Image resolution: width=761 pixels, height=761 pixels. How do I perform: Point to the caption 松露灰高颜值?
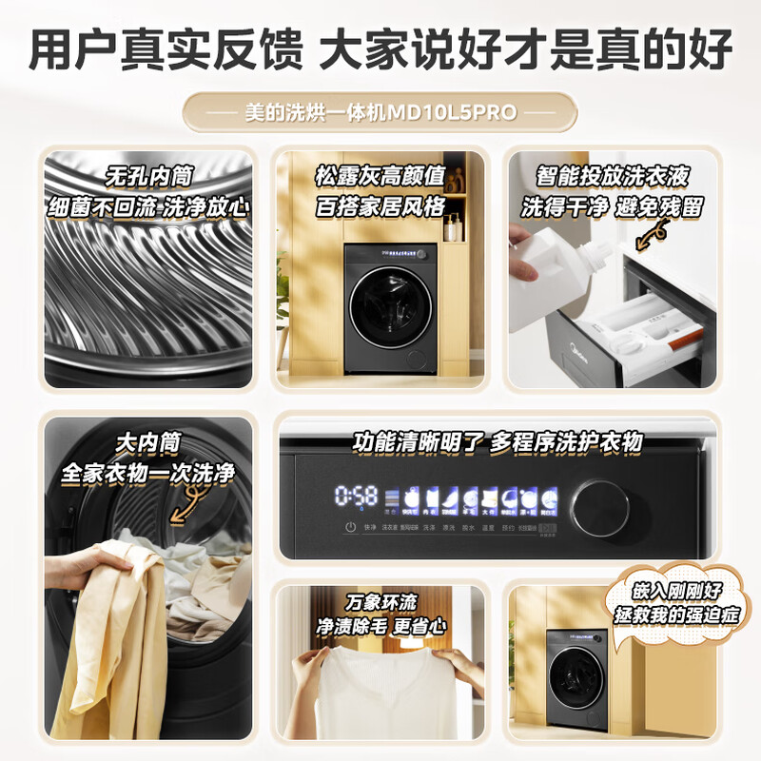(380, 176)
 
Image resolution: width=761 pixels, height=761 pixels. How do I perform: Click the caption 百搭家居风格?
(380, 205)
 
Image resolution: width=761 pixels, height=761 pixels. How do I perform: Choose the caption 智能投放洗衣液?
(612, 176)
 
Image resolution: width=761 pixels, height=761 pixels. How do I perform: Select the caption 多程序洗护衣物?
(567, 443)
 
